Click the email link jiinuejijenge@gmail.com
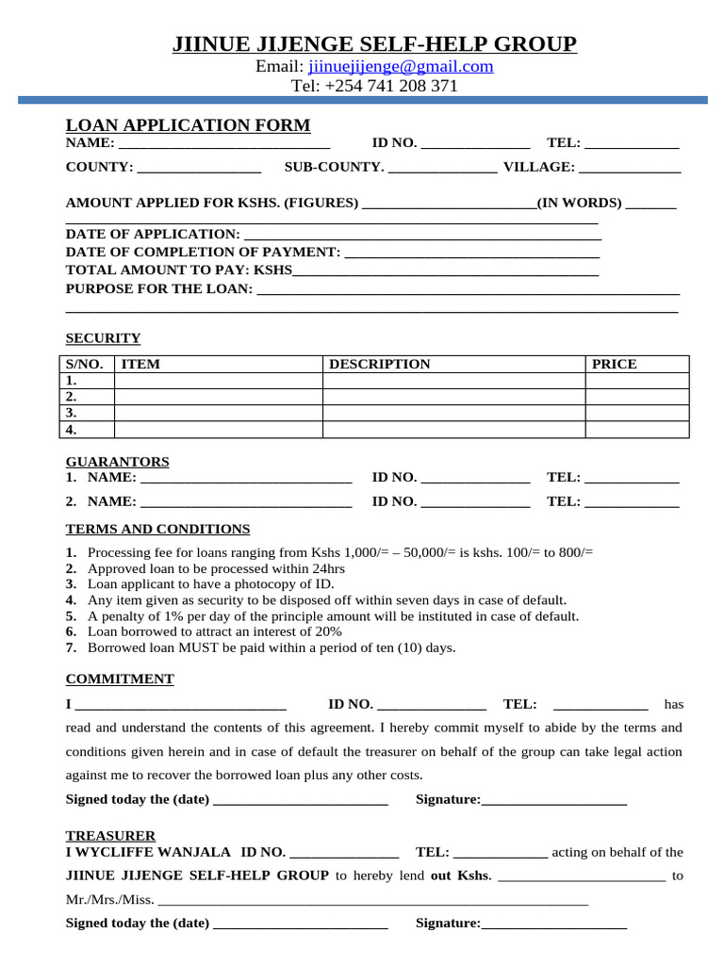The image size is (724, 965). point(401,66)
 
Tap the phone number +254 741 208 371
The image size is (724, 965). point(390,86)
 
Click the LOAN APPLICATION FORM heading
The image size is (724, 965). point(188,125)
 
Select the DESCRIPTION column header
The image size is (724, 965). point(379,364)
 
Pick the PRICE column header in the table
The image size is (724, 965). point(614,364)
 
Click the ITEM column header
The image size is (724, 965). point(141,364)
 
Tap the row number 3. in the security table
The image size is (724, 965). point(71,413)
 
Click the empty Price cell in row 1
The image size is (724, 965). point(636,381)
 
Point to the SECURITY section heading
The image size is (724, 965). point(103,338)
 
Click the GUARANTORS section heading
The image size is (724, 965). point(117,462)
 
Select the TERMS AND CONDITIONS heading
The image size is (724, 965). point(157,529)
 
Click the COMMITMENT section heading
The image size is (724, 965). point(120,679)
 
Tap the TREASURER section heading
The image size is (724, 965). point(110,836)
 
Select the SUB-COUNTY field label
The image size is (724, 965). point(334,167)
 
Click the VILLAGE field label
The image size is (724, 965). point(538,167)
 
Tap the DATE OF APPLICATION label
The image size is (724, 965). point(153,234)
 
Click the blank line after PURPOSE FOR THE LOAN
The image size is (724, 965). point(468,290)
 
